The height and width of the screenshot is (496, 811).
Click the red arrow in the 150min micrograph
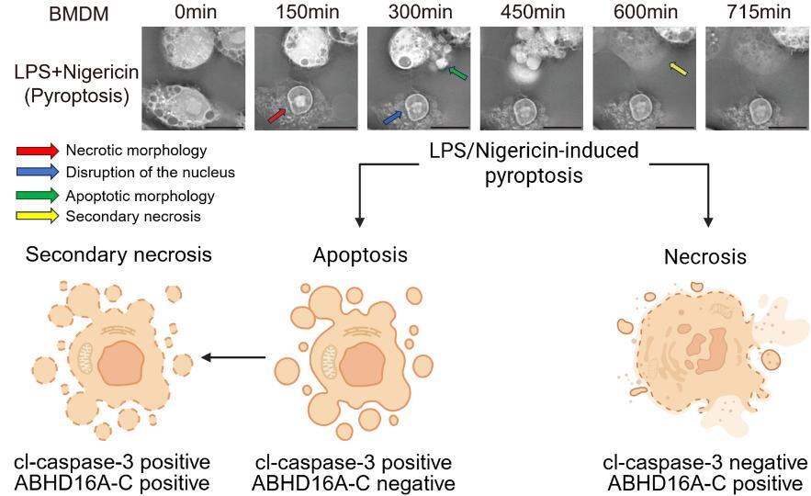(x=277, y=114)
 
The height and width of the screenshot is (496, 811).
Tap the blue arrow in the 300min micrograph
(x=392, y=118)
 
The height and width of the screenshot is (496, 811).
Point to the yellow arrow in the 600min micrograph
(x=677, y=69)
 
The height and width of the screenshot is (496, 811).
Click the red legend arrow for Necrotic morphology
(x=38, y=150)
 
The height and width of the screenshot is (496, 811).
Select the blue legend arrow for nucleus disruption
(x=38, y=172)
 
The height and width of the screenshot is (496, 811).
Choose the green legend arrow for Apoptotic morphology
(x=38, y=195)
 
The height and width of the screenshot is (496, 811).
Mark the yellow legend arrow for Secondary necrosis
(x=38, y=216)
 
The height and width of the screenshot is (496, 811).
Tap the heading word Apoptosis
(x=359, y=254)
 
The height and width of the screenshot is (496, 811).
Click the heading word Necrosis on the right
(x=704, y=258)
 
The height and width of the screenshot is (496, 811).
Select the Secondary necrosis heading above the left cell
(x=118, y=254)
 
